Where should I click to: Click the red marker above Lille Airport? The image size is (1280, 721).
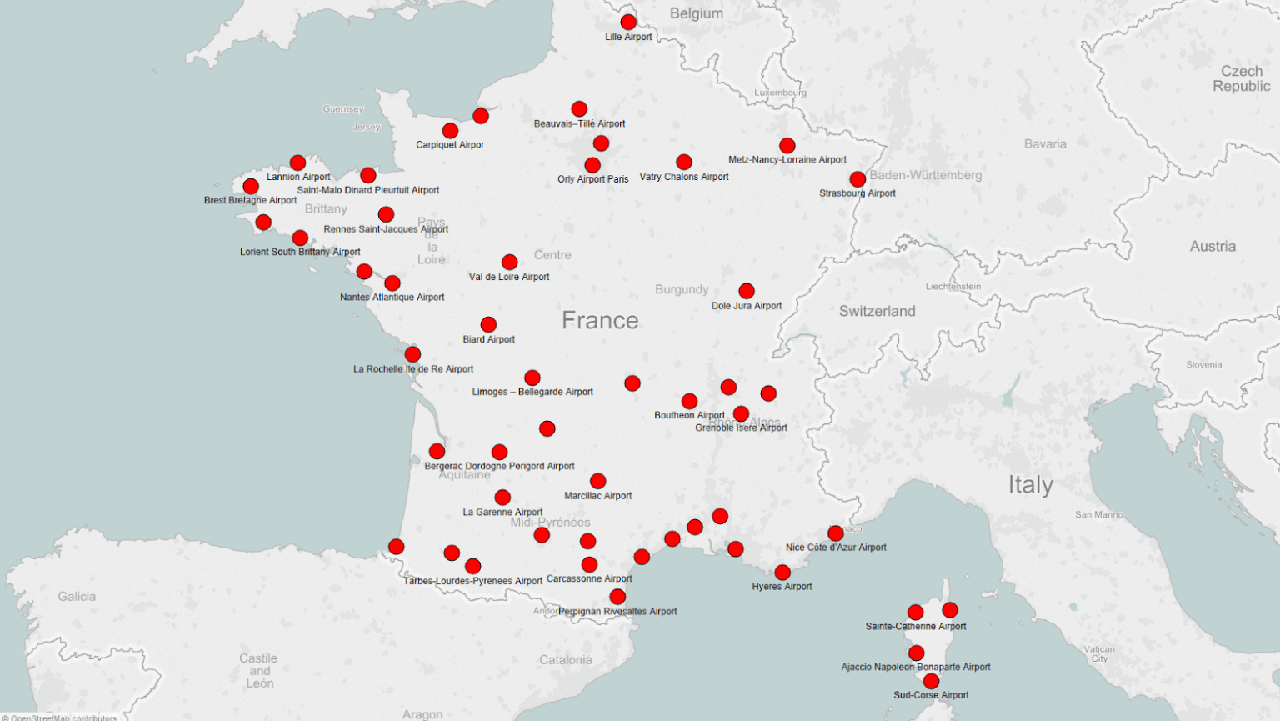coord(628,23)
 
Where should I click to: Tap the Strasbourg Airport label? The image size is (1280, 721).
coord(857,193)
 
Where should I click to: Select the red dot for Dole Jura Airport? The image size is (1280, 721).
coord(747,291)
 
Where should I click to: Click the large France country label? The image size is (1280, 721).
coord(600,320)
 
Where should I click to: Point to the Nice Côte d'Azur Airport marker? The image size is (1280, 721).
coord(836,533)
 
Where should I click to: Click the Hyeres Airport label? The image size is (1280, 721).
coord(782,587)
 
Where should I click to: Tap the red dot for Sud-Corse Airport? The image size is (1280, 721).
coord(931,682)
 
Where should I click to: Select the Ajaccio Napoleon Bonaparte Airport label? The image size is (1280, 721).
coord(915,667)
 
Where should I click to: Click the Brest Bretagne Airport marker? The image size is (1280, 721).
coord(251,186)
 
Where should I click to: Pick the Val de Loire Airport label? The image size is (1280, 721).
coord(509,277)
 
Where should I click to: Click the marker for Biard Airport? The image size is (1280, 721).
coord(488,324)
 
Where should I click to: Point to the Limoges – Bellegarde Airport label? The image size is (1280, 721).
coord(532,392)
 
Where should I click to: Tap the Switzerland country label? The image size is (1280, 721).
coord(877,311)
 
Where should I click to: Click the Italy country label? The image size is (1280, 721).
coord(1030,485)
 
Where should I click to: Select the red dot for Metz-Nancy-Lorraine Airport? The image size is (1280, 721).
coord(787,146)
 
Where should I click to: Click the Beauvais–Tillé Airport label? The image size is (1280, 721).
coord(579,123)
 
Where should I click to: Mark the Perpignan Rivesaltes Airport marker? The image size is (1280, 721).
coord(617,597)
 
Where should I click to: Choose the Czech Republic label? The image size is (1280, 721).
coord(1241,78)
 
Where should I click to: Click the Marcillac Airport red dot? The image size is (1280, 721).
coord(598,481)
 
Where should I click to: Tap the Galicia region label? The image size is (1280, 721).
coord(77,597)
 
